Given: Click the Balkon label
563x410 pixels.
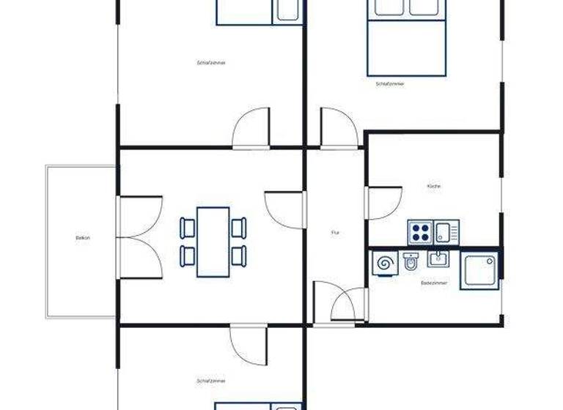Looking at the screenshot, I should [x=82, y=238].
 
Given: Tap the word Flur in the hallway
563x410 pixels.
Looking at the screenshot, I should [x=335, y=233].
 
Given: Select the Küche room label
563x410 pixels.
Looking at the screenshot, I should [x=434, y=187].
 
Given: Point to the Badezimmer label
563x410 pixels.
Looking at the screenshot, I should [x=431, y=282].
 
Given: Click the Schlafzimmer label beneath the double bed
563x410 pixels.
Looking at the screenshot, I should [x=389, y=84].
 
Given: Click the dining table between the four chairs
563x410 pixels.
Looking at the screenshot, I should [x=213, y=242].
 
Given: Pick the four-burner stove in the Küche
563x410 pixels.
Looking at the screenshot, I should [x=420, y=233].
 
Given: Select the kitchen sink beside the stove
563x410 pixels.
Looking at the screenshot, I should [x=445, y=232].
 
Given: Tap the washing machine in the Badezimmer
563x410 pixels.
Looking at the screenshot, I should [x=384, y=262].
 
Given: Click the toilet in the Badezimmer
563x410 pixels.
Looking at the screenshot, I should [x=411, y=261].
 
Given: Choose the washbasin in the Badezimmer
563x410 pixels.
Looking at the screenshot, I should [x=438, y=258].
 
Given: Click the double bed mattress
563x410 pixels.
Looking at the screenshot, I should [x=407, y=47].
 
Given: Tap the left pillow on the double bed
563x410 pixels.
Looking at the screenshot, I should [x=386, y=7].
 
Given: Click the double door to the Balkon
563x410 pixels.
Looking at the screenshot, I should [x=139, y=237].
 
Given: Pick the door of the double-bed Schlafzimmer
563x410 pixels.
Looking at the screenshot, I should [x=337, y=128].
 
